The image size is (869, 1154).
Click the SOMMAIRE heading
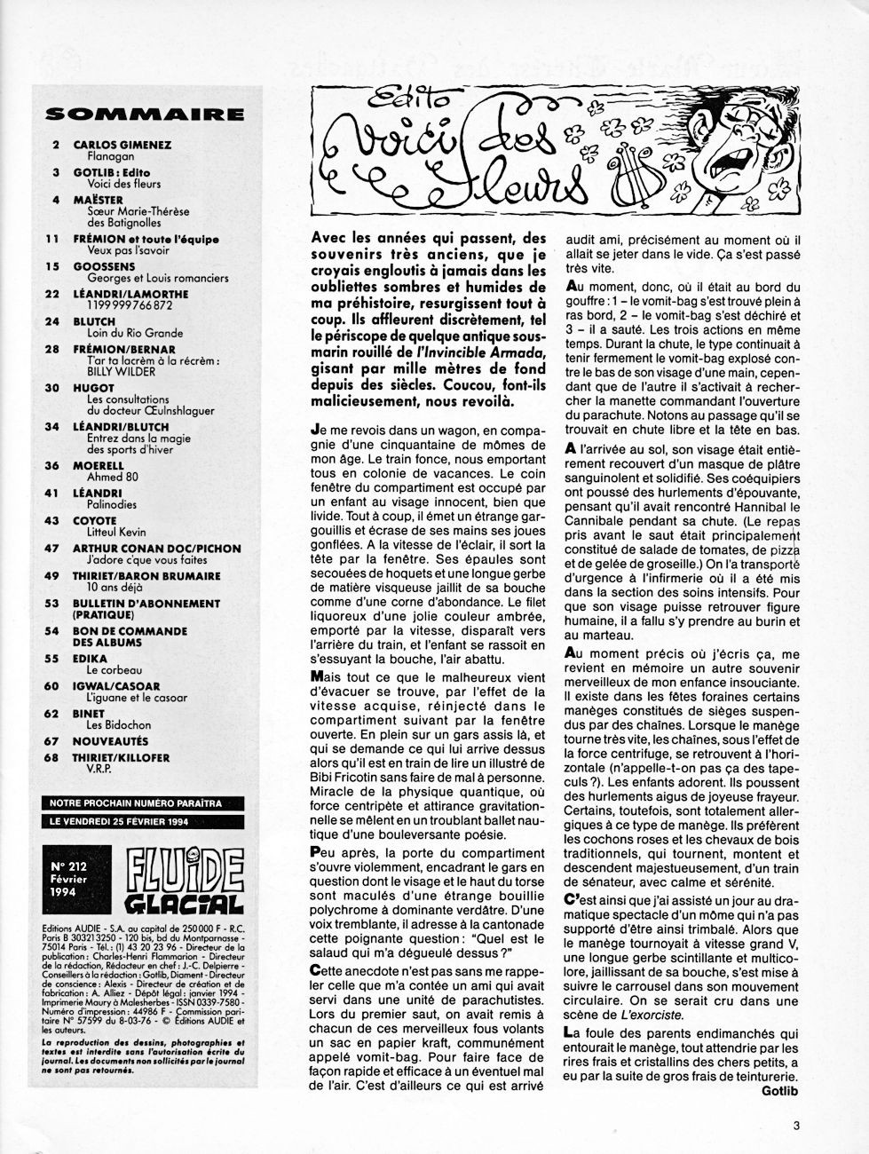[x=144, y=114]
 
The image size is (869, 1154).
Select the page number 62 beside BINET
[x=52, y=714]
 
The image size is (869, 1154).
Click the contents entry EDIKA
[x=90, y=659]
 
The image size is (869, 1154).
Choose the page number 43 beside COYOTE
[x=52, y=521]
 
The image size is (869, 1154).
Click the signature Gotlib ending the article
[x=781, y=1092]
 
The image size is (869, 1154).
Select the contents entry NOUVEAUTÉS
[x=110, y=741]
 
